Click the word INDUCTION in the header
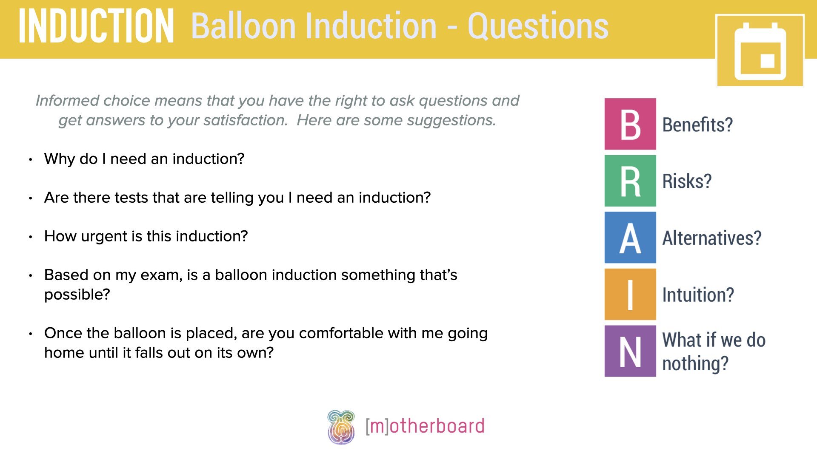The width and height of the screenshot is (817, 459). pyautogui.click(x=96, y=26)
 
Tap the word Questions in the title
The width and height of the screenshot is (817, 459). pyautogui.click(x=538, y=26)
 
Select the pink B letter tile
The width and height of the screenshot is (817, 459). pyautogui.click(x=630, y=124)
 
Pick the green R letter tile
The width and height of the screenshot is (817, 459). pyautogui.click(x=630, y=181)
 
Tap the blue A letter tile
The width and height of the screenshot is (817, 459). pyautogui.click(x=630, y=238)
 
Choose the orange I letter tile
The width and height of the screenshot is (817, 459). pyautogui.click(x=630, y=294)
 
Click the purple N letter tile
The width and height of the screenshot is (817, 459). pyautogui.click(x=630, y=351)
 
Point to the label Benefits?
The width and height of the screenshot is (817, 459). pyautogui.click(x=697, y=125)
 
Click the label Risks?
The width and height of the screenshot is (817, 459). pyautogui.click(x=687, y=181)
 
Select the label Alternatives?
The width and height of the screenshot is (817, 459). pyautogui.click(x=711, y=238)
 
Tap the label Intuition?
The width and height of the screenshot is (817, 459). pyautogui.click(x=698, y=295)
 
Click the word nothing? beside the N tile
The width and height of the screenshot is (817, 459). pyautogui.click(x=695, y=364)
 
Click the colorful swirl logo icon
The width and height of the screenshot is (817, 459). pyautogui.click(x=341, y=427)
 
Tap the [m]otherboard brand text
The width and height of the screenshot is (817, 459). pyautogui.click(x=425, y=426)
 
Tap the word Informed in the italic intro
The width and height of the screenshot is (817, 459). pyautogui.click(x=67, y=101)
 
